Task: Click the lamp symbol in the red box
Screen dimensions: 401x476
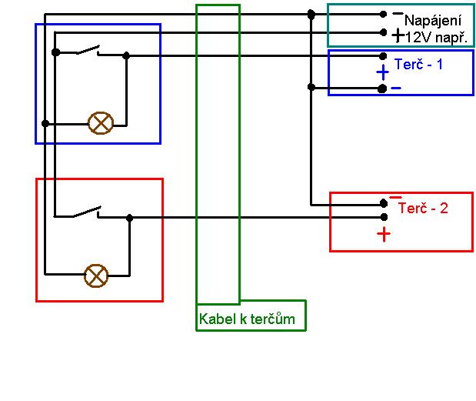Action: pyautogui.click(x=96, y=274)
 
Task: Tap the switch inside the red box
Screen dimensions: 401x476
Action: pyautogui.click(x=88, y=212)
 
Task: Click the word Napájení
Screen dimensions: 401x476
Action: pyautogui.click(x=432, y=21)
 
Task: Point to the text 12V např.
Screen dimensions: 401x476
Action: pyautogui.click(x=436, y=36)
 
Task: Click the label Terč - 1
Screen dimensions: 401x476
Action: pyautogui.click(x=418, y=64)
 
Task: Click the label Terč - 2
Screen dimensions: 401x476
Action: pyautogui.click(x=423, y=209)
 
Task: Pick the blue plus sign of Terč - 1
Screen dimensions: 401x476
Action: pyautogui.click(x=382, y=72)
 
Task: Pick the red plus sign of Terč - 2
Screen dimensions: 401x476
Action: pyautogui.click(x=384, y=235)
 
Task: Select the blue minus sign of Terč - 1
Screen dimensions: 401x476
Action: pyautogui.click(x=395, y=89)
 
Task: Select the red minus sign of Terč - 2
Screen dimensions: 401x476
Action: pyautogui.click(x=395, y=198)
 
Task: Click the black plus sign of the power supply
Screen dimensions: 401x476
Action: pyautogui.click(x=397, y=35)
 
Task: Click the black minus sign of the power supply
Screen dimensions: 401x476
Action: pyautogui.click(x=397, y=14)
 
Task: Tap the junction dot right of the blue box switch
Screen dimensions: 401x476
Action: pyautogui.click(x=126, y=55)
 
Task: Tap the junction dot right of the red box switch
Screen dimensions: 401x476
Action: pyautogui.click(x=129, y=218)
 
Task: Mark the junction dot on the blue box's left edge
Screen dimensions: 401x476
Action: pyautogui.click(x=45, y=123)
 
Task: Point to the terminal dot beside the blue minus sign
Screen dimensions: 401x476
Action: pyautogui.click(x=382, y=89)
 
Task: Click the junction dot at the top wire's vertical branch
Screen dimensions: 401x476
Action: pyautogui.click(x=311, y=14)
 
